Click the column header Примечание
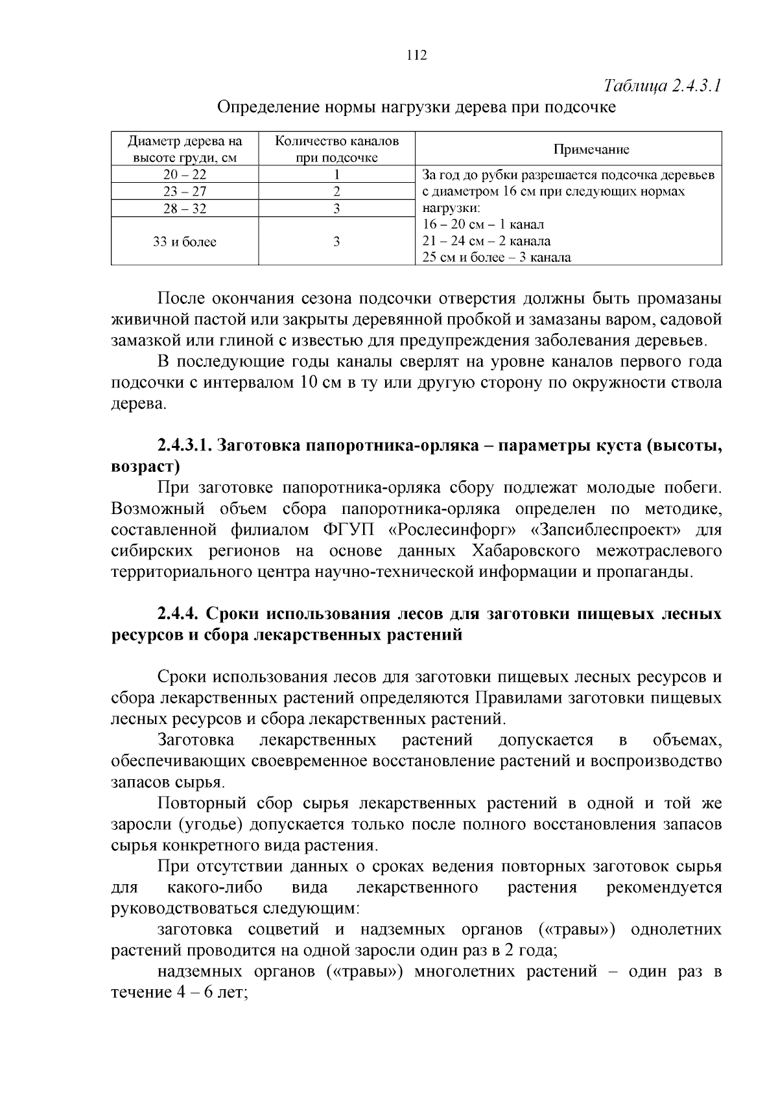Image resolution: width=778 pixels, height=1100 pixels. [x=591, y=150]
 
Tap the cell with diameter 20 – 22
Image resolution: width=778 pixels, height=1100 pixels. [x=185, y=174]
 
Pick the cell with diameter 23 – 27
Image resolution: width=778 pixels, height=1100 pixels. [x=185, y=192]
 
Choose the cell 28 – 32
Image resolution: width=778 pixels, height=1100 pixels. [x=185, y=209]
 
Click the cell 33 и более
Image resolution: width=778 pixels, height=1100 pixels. [x=185, y=242]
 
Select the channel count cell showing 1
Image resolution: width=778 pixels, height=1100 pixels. [x=336, y=174]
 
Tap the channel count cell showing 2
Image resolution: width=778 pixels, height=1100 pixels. [x=336, y=192]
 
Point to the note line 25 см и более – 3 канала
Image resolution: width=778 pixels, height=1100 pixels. [x=497, y=258]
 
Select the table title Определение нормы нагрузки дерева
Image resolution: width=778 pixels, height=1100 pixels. [x=416, y=107]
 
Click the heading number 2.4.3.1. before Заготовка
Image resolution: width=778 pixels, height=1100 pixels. [x=184, y=446]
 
